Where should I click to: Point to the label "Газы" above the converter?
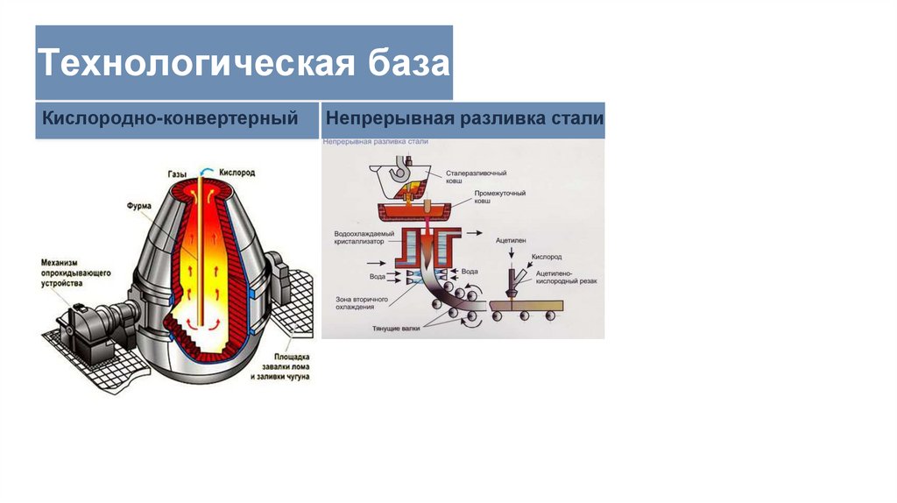click(178, 174)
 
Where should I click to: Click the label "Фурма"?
click(139, 207)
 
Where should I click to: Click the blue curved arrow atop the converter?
click(205, 173)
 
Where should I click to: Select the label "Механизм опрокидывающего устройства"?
click(75, 273)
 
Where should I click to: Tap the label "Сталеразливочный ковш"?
click(477, 178)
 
